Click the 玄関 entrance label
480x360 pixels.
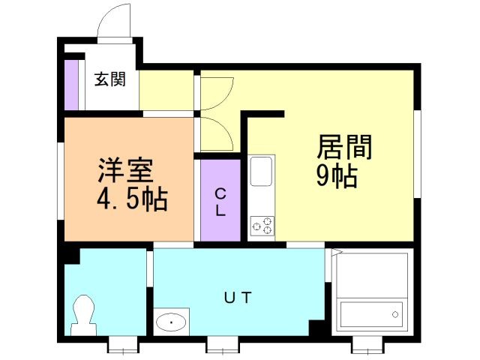pos(109,79)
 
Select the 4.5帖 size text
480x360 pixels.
pos(131,199)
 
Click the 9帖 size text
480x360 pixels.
pos(335,177)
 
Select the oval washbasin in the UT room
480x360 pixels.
pos(172,323)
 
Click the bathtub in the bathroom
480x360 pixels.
pos(371,311)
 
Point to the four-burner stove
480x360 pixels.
pos(262,226)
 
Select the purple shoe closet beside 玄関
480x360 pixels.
pos(71,83)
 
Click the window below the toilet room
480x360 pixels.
pos(123,345)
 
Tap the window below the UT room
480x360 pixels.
pos(222,345)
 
